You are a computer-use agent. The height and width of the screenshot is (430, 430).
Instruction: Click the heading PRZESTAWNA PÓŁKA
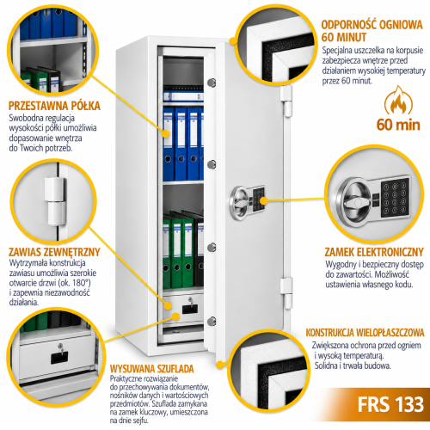[x=54, y=106]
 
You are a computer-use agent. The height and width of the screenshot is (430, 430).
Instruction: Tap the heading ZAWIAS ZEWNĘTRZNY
[x=54, y=252]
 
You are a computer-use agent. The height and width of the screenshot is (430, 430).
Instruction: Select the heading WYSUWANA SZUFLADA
[x=152, y=369]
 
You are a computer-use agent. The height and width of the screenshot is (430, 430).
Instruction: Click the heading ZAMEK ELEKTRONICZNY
[x=374, y=252]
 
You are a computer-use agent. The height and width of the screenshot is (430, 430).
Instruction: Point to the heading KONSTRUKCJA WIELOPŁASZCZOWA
[x=365, y=333]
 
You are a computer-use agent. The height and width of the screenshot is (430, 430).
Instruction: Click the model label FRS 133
[x=390, y=404]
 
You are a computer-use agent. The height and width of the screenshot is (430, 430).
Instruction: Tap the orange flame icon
[x=398, y=101]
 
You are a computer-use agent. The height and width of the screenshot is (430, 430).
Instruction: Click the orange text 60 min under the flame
[x=398, y=125]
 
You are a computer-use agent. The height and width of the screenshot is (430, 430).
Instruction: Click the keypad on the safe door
[x=258, y=200]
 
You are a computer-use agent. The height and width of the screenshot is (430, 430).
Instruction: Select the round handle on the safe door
[x=238, y=203]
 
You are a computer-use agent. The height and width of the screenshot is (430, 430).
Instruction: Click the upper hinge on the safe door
[x=286, y=101]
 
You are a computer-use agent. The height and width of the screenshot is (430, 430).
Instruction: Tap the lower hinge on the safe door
[x=286, y=293]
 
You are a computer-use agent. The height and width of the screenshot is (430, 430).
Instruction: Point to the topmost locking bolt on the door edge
[x=212, y=83]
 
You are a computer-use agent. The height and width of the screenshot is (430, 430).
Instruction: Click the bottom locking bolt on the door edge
[x=212, y=321]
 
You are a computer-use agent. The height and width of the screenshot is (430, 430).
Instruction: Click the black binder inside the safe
[x=199, y=249]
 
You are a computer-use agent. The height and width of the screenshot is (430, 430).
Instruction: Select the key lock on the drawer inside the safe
[x=190, y=300]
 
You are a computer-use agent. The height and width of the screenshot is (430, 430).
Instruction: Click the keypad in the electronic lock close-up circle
[x=395, y=198]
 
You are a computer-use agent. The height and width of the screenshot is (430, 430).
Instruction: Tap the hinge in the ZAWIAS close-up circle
[x=55, y=201]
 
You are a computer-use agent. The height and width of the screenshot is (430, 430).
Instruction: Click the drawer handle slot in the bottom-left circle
[x=59, y=359]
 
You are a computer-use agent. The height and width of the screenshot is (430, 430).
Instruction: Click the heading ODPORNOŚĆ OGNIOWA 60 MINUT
[x=372, y=31]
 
